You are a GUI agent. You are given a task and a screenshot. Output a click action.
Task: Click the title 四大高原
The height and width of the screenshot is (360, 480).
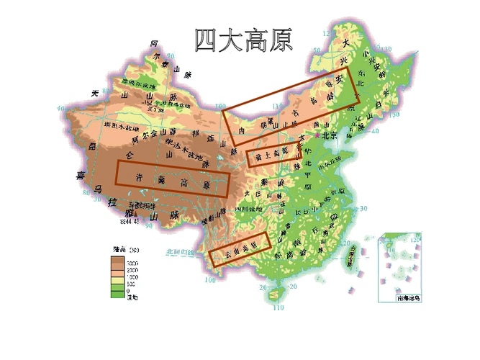pyautogui.click(x=245, y=40)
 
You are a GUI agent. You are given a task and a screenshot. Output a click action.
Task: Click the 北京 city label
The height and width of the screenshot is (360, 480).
pyautogui.click(x=330, y=135)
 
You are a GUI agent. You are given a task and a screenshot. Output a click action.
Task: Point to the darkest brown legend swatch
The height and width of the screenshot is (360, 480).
pyautogui.click(x=114, y=264)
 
